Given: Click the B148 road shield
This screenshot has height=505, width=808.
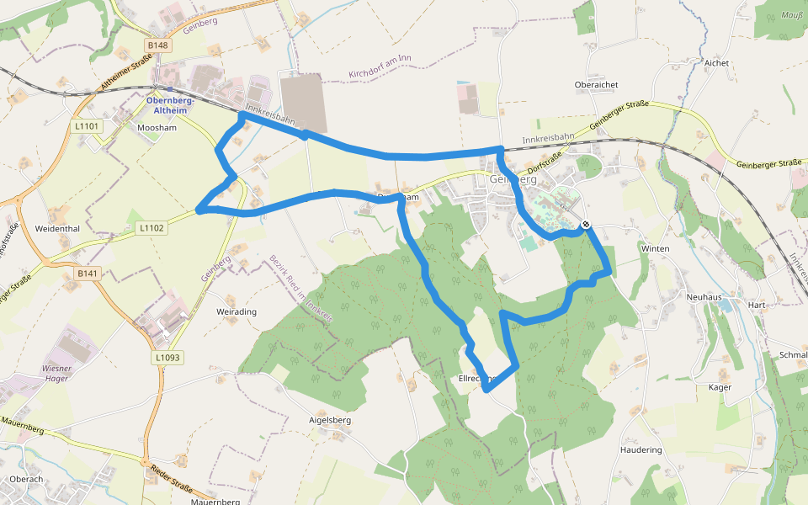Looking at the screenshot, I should point(157,45).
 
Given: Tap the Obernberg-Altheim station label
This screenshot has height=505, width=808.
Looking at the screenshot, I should point(171,105).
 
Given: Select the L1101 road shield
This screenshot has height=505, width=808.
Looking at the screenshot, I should point(87,126).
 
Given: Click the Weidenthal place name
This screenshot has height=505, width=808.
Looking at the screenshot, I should point(57,229).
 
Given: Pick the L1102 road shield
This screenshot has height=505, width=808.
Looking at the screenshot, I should point(152,227).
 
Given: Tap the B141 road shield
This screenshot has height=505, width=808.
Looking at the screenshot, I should point(88,274).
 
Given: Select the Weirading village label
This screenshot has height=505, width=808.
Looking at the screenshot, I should point(237,311).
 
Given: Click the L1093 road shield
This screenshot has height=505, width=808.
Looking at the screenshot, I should point(167,358).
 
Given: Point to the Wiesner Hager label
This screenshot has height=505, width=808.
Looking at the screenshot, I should point(56,374).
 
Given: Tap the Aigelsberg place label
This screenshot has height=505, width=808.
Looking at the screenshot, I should point(330,419).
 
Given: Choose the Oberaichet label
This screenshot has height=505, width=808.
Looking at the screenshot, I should point(597,85).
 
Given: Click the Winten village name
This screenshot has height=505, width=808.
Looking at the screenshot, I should point(655,249).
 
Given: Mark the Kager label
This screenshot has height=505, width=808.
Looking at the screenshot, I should point(720,387).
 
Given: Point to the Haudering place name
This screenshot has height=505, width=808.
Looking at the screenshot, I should point(641,449).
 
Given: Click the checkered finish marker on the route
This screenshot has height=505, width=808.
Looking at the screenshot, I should point(585,225).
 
